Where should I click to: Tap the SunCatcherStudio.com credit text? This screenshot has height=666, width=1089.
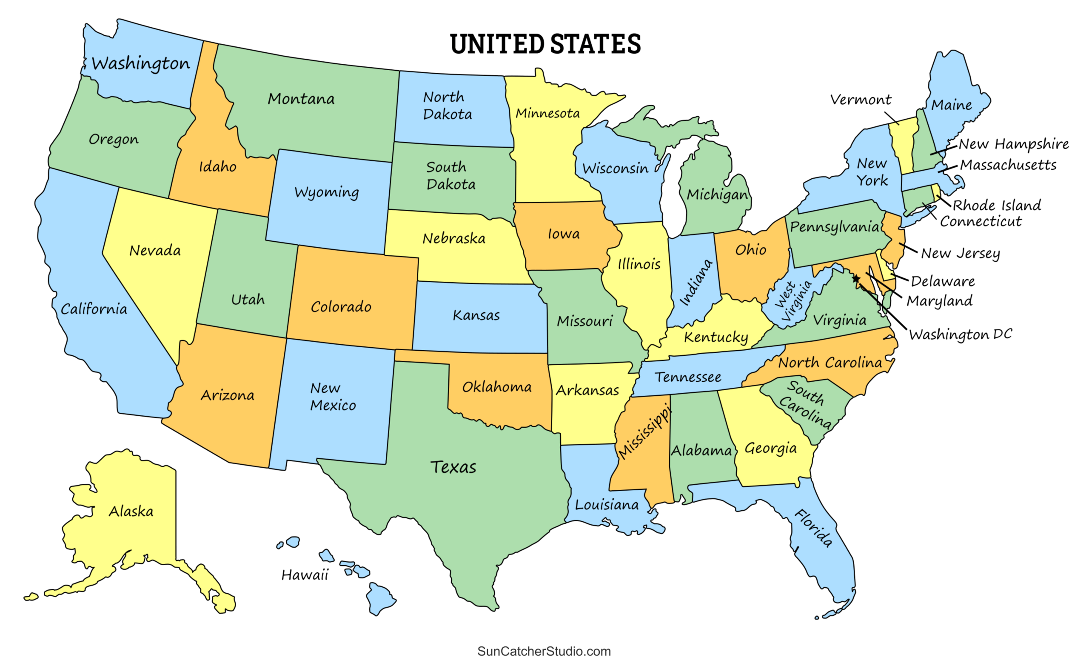point(544,651)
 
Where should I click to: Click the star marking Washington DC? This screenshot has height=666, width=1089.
point(856,279)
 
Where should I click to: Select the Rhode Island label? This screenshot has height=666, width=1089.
point(997,205)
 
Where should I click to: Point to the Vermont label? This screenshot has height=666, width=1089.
point(861,100)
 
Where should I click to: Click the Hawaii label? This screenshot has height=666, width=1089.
point(305,575)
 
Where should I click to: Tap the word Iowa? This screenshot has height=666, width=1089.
point(564,234)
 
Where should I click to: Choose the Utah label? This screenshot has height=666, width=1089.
point(248,300)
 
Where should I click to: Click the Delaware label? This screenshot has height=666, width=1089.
point(943,281)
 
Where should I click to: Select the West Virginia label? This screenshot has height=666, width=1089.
point(793,301)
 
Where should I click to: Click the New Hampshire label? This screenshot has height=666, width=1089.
point(1013,144)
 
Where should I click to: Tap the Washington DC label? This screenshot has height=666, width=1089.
point(960,334)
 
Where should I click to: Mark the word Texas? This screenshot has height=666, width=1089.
point(453,467)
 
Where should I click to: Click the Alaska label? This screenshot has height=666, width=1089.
point(131,511)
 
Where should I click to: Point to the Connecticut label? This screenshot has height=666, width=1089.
point(981,221)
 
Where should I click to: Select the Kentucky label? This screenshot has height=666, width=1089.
point(716,337)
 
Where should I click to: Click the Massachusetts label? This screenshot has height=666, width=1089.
point(1008,165)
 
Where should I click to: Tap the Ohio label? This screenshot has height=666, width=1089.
point(750,250)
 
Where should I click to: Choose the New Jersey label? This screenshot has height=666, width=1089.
point(960,253)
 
